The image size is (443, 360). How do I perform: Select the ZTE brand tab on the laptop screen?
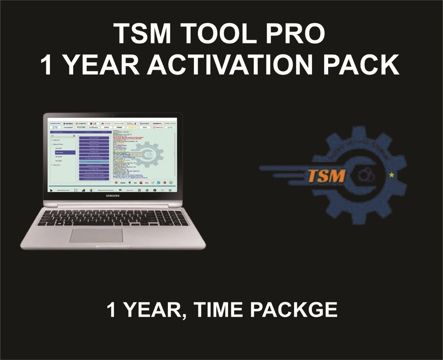(55, 128)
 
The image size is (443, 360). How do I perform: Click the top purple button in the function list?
(94, 138)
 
